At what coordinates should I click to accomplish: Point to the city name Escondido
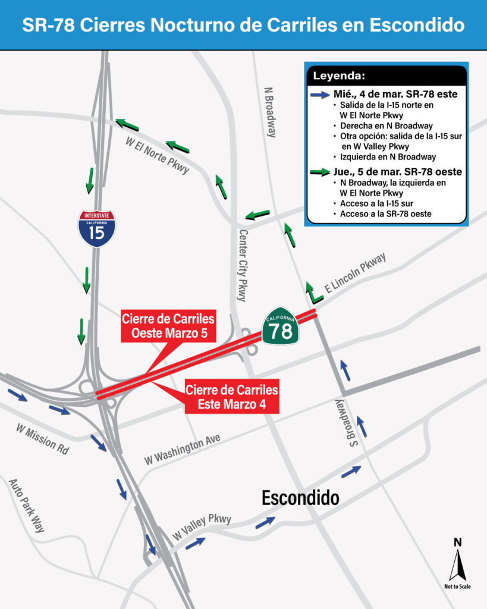(300, 498)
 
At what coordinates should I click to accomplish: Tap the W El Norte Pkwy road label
(157, 156)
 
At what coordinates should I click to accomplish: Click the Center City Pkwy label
(242, 265)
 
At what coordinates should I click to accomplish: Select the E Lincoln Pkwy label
(355, 272)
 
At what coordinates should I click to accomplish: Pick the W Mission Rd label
(42, 439)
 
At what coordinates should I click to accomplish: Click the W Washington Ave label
(183, 449)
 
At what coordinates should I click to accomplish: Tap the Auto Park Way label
(27, 505)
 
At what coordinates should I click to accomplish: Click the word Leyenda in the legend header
(340, 76)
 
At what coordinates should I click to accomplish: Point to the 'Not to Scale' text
(457, 586)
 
